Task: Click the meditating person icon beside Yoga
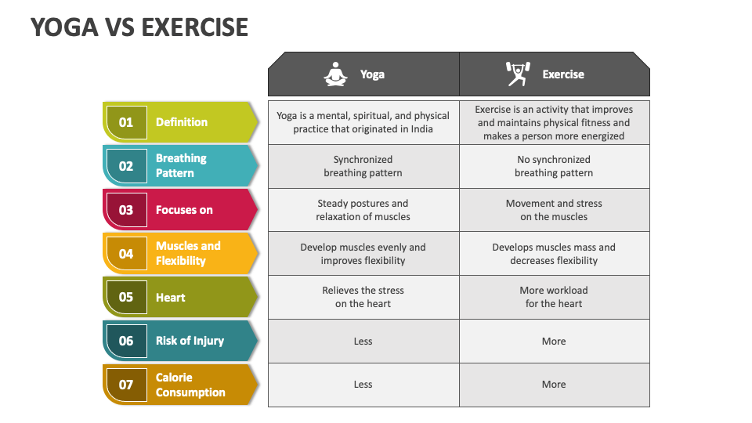335,74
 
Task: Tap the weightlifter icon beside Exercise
518,74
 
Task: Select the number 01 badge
126,122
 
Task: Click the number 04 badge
126,254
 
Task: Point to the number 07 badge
126,385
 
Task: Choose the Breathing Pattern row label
181,165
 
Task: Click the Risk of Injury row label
190,341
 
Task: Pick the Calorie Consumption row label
190,385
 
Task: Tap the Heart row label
170,298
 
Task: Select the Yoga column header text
372,74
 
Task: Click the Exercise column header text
563,74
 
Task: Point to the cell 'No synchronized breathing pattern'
554,166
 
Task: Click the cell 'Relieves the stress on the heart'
363,297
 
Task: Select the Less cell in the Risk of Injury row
363,341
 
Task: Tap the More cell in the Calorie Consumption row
554,385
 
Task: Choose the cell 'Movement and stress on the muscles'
554,210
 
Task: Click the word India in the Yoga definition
420,129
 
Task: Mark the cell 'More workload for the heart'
554,297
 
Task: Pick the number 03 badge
126,210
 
